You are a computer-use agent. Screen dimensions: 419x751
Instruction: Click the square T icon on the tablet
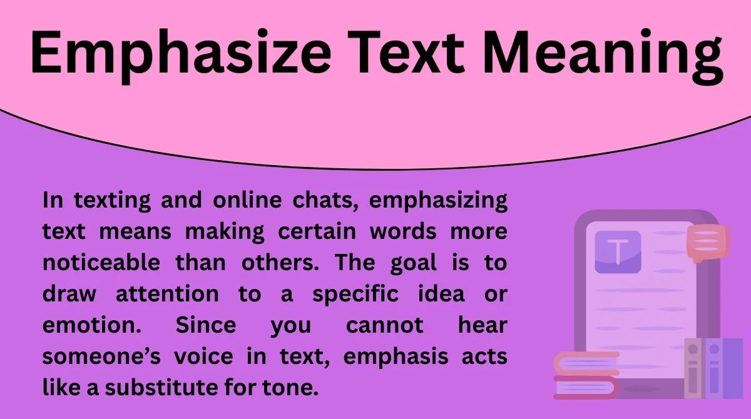(618, 252)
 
